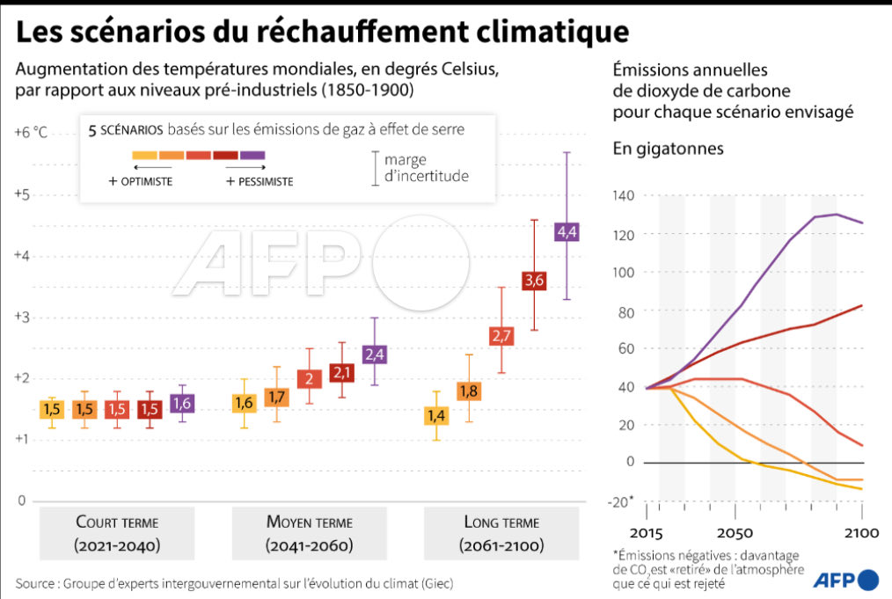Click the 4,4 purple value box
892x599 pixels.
(x=567, y=232)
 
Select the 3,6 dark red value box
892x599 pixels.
(x=534, y=281)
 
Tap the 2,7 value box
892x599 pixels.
(x=501, y=336)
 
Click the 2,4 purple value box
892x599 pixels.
(x=375, y=354)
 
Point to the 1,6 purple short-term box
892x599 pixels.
(x=182, y=404)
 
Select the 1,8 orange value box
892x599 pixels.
(x=469, y=391)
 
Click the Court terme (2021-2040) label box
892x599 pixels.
(x=117, y=534)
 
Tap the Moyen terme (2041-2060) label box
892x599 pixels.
(x=309, y=534)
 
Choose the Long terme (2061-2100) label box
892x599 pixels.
(x=501, y=534)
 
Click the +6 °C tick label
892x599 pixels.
(x=31, y=133)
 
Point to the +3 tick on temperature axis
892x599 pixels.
(x=21, y=318)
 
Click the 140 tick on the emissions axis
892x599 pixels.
(x=624, y=196)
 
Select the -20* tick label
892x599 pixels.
(x=621, y=501)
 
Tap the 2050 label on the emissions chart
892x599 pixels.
(x=734, y=535)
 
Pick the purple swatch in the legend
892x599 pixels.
(x=252, y=155)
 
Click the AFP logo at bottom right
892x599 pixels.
(x=844, y=580)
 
